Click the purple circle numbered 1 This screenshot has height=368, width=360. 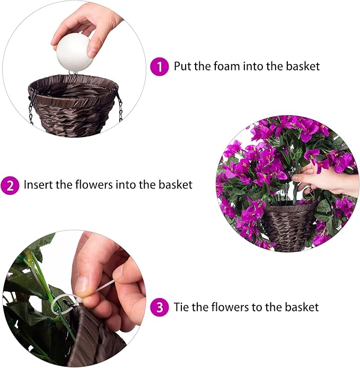tap(159, 67)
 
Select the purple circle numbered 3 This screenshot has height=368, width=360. tap(159, 307)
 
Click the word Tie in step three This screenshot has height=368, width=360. tap(181, 307)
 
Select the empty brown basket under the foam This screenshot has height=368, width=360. tap(73, 106)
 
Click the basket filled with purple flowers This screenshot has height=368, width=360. tap(289, 228)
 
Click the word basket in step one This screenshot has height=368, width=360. tap(303, 67)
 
